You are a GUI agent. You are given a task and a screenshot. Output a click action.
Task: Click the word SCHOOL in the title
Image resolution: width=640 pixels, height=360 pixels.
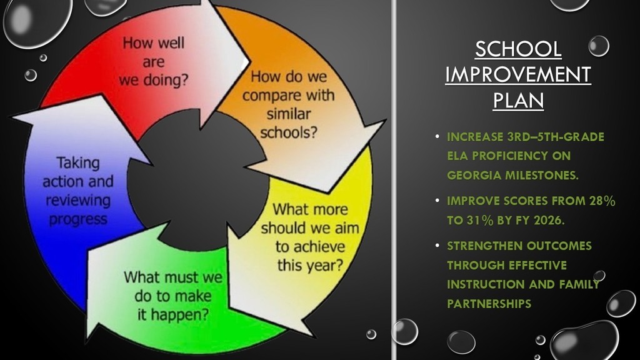518,49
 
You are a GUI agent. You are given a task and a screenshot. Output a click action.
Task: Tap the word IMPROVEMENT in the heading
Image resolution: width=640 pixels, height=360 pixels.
518,74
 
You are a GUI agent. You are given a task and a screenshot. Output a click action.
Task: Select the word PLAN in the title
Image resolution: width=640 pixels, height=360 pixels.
518,100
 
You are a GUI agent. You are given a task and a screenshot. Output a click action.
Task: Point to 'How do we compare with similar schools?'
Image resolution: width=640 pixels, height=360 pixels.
288,105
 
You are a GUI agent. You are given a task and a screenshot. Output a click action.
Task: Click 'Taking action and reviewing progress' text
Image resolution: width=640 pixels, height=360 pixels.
78,191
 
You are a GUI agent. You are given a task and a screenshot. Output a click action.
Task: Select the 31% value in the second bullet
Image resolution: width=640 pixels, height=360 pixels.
476,221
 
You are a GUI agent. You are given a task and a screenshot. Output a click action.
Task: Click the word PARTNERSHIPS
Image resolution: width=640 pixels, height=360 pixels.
489,304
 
